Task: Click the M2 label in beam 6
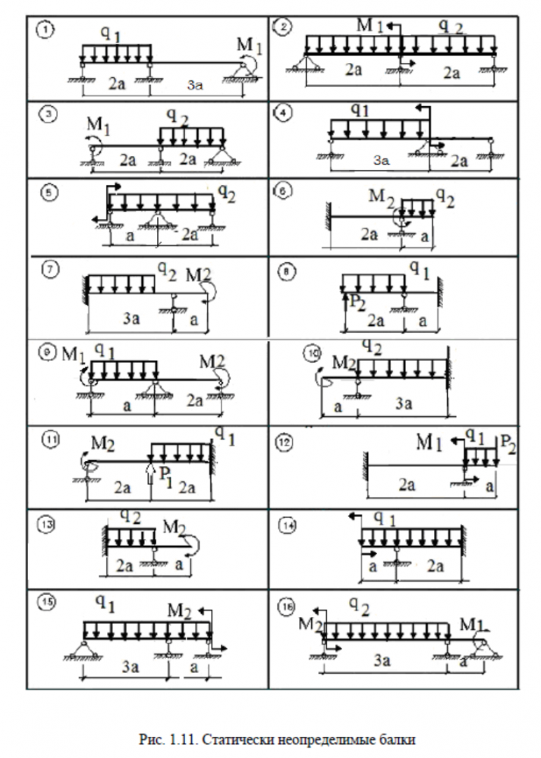coord(382,197)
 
